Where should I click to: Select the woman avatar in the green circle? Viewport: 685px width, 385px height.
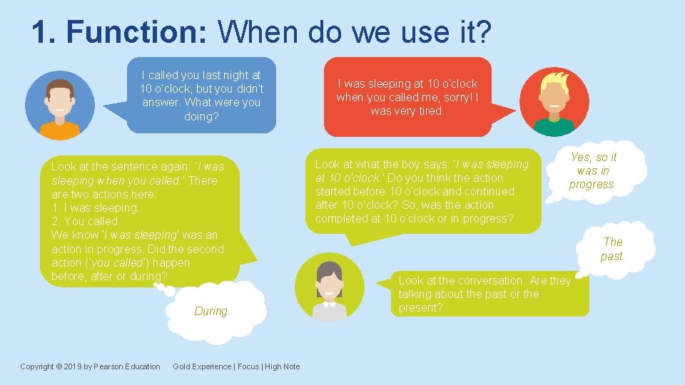[x=330, y=288]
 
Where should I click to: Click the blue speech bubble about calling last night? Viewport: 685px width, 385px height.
[x=201, y=95]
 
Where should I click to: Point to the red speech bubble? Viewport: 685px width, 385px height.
[x=407, y=97]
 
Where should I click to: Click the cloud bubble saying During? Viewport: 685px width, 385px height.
[x=213, y=311]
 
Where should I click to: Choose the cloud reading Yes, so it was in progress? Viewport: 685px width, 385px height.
[x=593, y=171]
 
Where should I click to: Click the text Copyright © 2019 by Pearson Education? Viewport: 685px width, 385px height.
[x=90, y=366]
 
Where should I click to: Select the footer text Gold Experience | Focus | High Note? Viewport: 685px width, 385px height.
[x=236, y=366]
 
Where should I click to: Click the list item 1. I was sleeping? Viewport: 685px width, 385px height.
[x=95, y=207]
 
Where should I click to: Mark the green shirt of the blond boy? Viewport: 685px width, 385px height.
[x=554, y=128]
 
